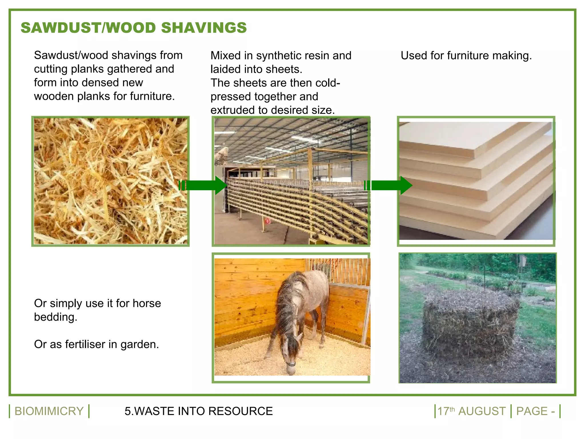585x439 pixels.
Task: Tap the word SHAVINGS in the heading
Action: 204,28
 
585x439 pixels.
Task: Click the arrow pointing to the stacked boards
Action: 388,185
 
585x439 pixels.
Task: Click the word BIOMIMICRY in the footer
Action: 49,411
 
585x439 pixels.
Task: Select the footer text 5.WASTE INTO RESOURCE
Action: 199,411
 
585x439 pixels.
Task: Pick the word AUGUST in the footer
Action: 482,411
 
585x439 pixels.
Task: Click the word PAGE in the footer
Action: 532,411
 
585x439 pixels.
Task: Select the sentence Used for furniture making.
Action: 466,55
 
